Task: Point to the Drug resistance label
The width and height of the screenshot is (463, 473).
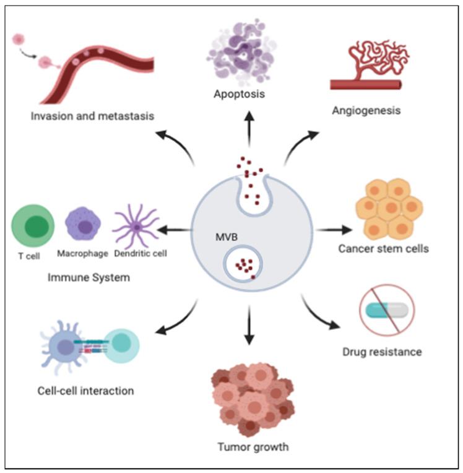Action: (382, 352)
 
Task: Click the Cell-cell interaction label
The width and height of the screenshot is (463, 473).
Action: (84, 391)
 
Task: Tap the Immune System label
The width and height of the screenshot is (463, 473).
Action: (89, 277)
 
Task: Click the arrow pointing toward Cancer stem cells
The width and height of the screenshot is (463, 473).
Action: (331, 230)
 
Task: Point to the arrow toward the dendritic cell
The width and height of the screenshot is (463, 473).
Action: (171, 230)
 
